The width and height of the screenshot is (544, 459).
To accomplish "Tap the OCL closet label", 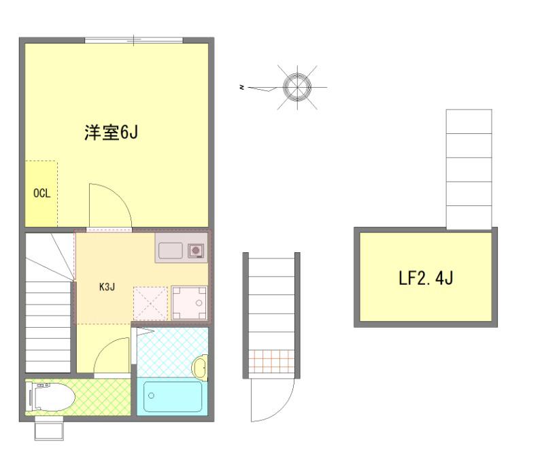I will tap(41, 193).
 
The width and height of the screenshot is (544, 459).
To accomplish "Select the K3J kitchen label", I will tap(107, 286).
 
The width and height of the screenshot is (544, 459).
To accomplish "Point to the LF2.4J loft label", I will tap(425, 278).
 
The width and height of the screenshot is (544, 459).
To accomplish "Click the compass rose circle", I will tap(296, 86).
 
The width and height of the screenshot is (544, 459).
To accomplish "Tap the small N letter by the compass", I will tap(241, 87).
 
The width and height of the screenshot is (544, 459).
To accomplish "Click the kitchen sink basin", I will tap(170, 251).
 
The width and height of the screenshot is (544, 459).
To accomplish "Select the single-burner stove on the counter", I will tap(197, 251).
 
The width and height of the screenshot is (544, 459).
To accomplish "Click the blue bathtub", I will tap(173, 396).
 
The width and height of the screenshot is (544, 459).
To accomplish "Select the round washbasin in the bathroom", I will tap(200, 368).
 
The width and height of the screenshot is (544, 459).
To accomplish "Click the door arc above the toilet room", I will tap(112, 354).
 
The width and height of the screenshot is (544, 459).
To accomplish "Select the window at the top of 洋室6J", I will tap(133, 41).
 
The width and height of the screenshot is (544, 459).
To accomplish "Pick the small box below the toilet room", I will tap(49, 430).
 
